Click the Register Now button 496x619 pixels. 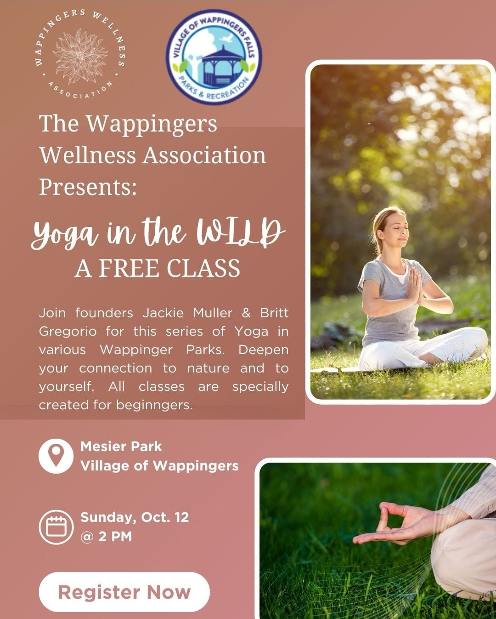coord(124,592)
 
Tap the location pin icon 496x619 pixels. coord(56,456)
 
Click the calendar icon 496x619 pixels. coord(56,527)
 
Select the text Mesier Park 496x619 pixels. coord(121,447)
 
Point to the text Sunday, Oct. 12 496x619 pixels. coord(135,517)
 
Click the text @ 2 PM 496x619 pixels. coord(106,537)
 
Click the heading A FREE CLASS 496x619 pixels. coord(157,268)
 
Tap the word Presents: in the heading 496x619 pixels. coord(88,187)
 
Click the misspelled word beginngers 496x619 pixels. coord(154,405)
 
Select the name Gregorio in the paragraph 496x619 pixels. coord(68,332)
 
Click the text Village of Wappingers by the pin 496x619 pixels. coord(159,466)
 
